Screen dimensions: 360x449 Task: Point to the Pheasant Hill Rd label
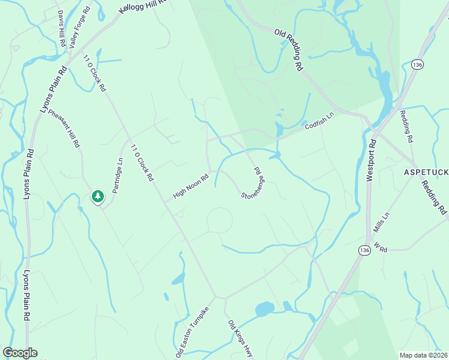click(x=64, y=128)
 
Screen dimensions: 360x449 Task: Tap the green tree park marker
click(x=97, y=196)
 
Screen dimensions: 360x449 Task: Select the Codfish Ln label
click(x=319, y=122)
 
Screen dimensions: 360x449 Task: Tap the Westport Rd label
click(x=370, y=159)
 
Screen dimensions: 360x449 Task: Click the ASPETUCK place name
click(x=426, y=172)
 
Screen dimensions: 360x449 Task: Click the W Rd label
click(x=381, y=246)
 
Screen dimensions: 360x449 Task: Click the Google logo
click(x=20, y=353)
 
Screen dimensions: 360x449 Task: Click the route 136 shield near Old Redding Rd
click(x=417, y=64)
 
